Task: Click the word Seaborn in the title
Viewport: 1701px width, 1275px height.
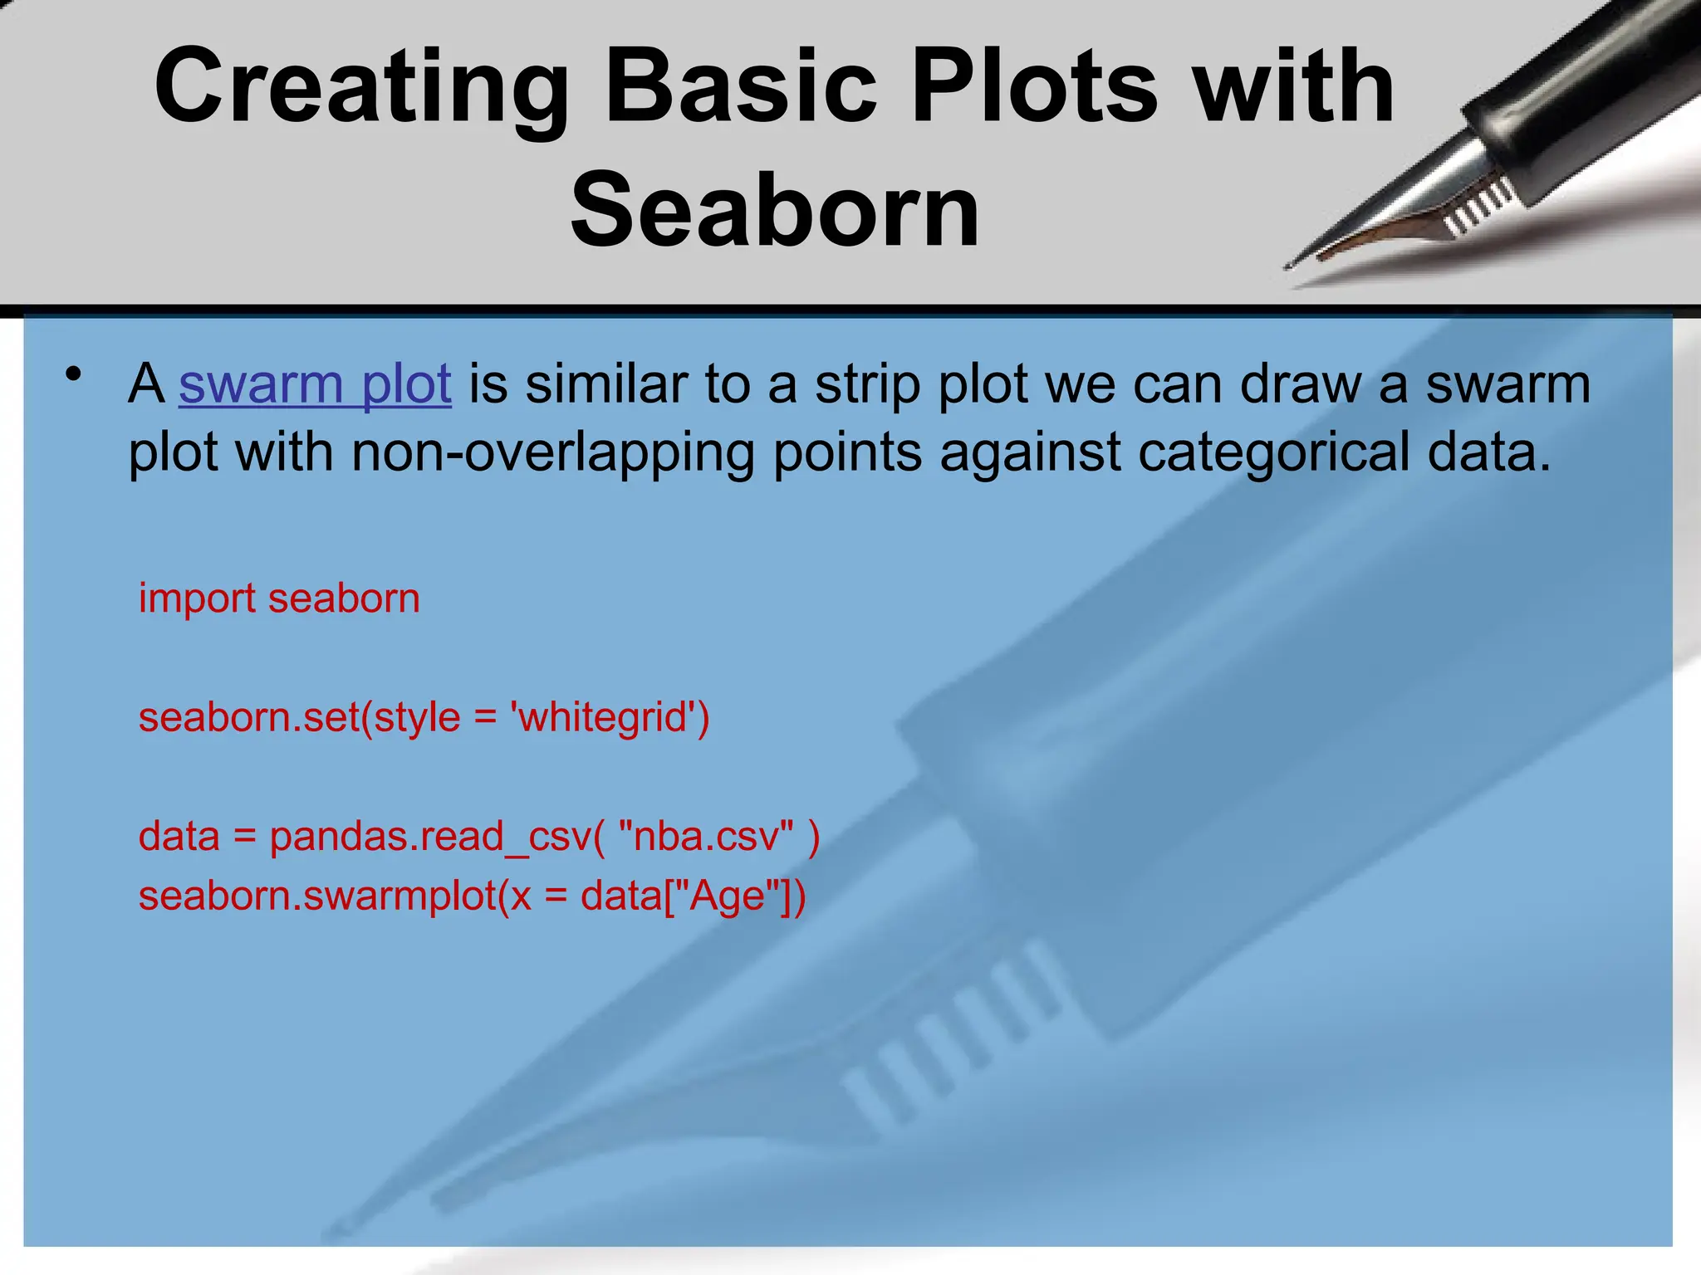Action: click(775, 210)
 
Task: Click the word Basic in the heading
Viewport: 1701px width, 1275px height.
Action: click(740, 86)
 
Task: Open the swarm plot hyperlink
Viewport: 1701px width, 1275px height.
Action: click(315, 384)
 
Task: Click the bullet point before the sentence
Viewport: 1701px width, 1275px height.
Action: click(75, 374)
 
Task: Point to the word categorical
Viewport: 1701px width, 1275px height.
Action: click(1273, 452)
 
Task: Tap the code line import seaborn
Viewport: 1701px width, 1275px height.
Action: click(279, 598)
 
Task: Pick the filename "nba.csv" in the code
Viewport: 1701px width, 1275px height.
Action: click(707, 836)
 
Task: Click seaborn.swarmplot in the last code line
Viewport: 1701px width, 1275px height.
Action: click(317, 896)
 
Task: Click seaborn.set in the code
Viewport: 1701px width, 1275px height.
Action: click(248, 717)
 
